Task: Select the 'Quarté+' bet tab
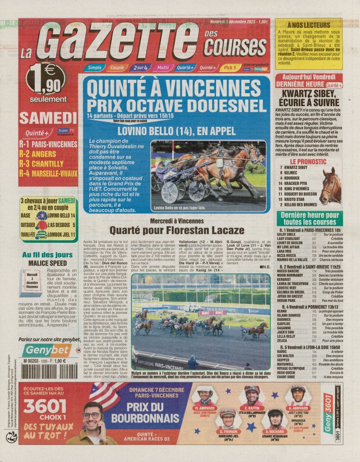pyautogui.click(x=185, y=68)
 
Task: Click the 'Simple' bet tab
pyautogui.click(x=94, y=68)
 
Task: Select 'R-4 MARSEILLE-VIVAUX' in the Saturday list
pyautogui.click(x=48, y=172)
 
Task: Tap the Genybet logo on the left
pyautogui.click(x=48, y=350)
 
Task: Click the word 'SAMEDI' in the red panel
pyautogui.click(x=48, y=118)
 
